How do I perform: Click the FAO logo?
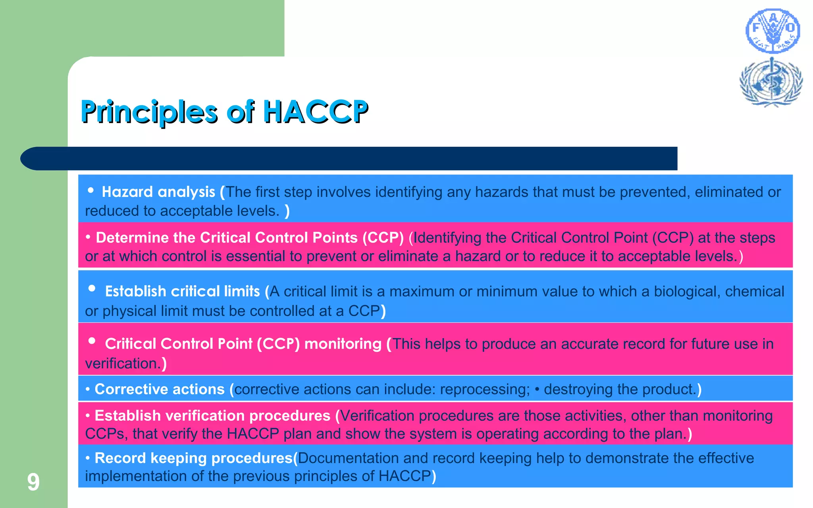click(x=773, y=31)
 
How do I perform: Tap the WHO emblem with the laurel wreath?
click(x=771, y=83)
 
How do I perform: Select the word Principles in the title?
click(x=149, y=112)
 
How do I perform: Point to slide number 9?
click(x=33, y=482)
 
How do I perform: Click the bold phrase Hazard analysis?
click(x=158, y=192)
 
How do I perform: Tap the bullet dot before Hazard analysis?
click(x=91, y=190)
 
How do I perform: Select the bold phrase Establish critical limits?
click(x=182, y=292)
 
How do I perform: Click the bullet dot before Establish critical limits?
click(x=92, y=289)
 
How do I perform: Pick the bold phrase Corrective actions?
click(x=160, y=389)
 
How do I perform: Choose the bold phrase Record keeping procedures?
click(x=194, y=458)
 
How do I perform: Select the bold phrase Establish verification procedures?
click(x=212, y=416)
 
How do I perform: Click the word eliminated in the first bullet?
click(x=728, y=192)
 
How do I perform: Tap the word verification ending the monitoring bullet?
click(x=123, y=364)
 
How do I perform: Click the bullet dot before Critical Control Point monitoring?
click(x=92, y=341)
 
